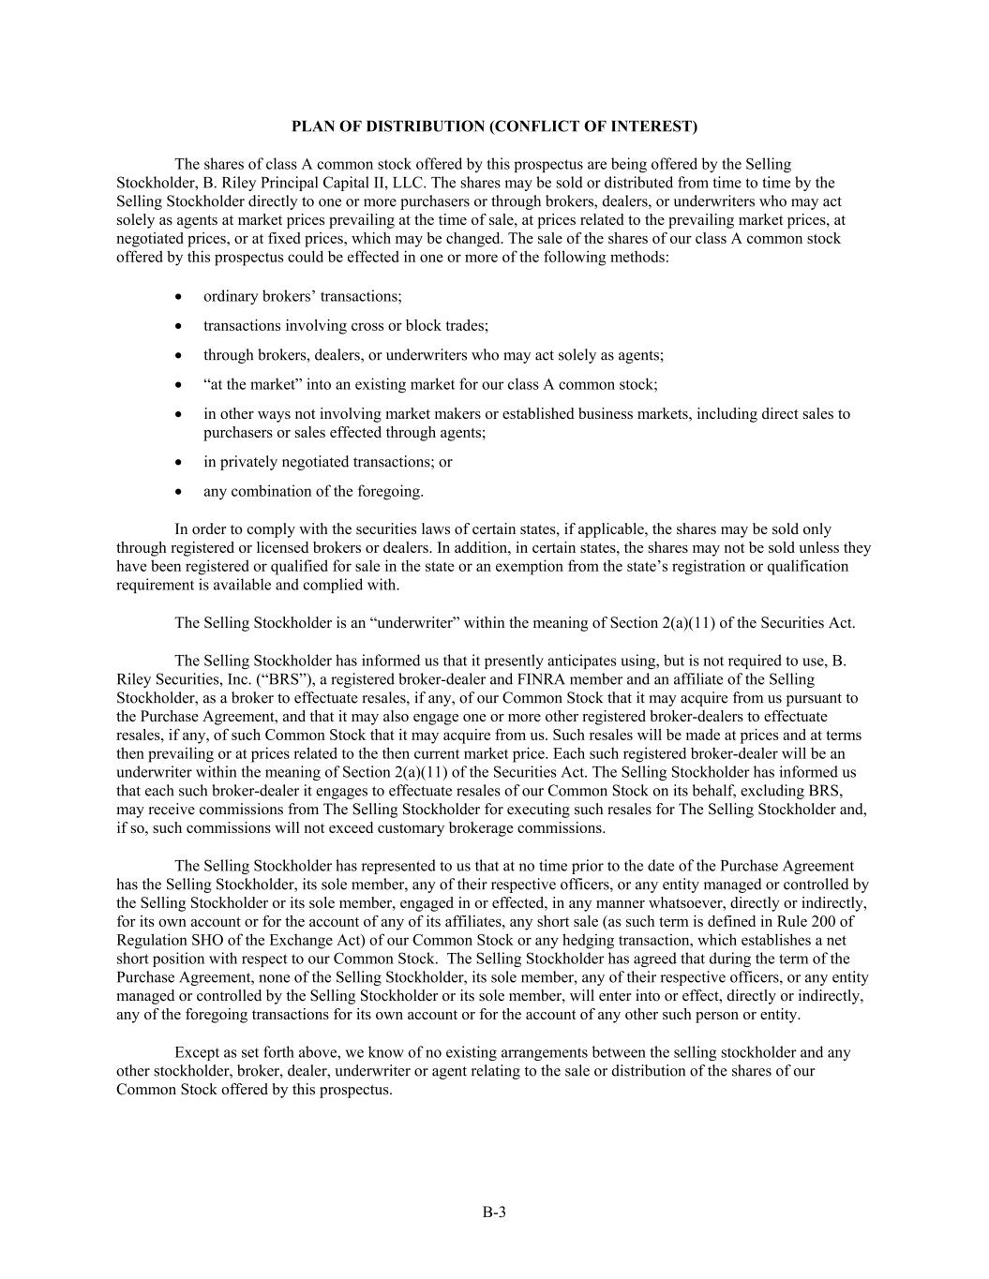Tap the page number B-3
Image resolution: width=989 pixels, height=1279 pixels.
click(x=494, y=1212)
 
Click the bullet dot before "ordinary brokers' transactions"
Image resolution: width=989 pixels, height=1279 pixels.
click(x=179, y=297)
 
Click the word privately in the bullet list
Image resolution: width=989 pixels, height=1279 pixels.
click(x=250, y=462)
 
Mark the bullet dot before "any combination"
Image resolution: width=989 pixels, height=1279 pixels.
click(x=179, y=491)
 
